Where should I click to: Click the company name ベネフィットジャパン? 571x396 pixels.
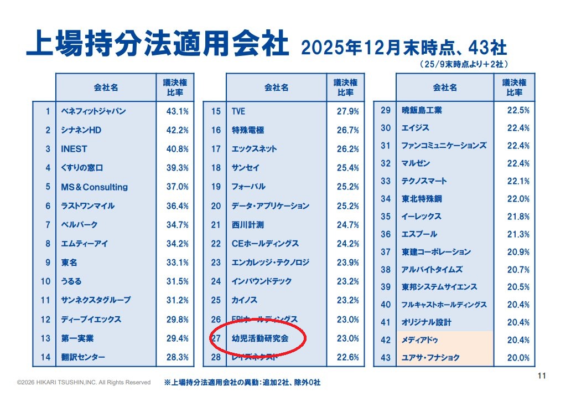pos(94,111)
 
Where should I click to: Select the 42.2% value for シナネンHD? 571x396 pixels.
pos(178,130)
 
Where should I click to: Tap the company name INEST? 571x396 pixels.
pos(74,149)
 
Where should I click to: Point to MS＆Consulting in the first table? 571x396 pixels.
pos(94,187)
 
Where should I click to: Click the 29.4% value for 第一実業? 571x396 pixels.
pos(178,338)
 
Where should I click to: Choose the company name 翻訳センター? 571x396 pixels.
pos(83,357)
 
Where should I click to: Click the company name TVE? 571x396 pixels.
pos(238,111)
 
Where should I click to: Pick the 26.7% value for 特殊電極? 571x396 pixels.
pos(348,130)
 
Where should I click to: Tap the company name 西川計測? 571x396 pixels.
pos(247,225)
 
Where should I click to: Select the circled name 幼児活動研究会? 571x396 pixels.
pos(260,337)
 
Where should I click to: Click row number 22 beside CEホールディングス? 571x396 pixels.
pos(216,244)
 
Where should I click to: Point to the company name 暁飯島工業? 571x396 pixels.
pos(422,110)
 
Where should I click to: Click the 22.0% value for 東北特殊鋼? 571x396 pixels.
pos(518,199)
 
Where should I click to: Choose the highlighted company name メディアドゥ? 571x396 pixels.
pos(420,340)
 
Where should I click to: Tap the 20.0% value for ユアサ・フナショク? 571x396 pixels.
pos(518,358)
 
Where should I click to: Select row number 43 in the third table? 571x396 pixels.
pos(386,358)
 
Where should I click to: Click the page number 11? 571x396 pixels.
pos(542,377)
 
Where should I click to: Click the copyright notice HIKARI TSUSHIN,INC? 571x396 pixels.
pos(84,382)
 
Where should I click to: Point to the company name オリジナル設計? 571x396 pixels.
pos(427,322)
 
